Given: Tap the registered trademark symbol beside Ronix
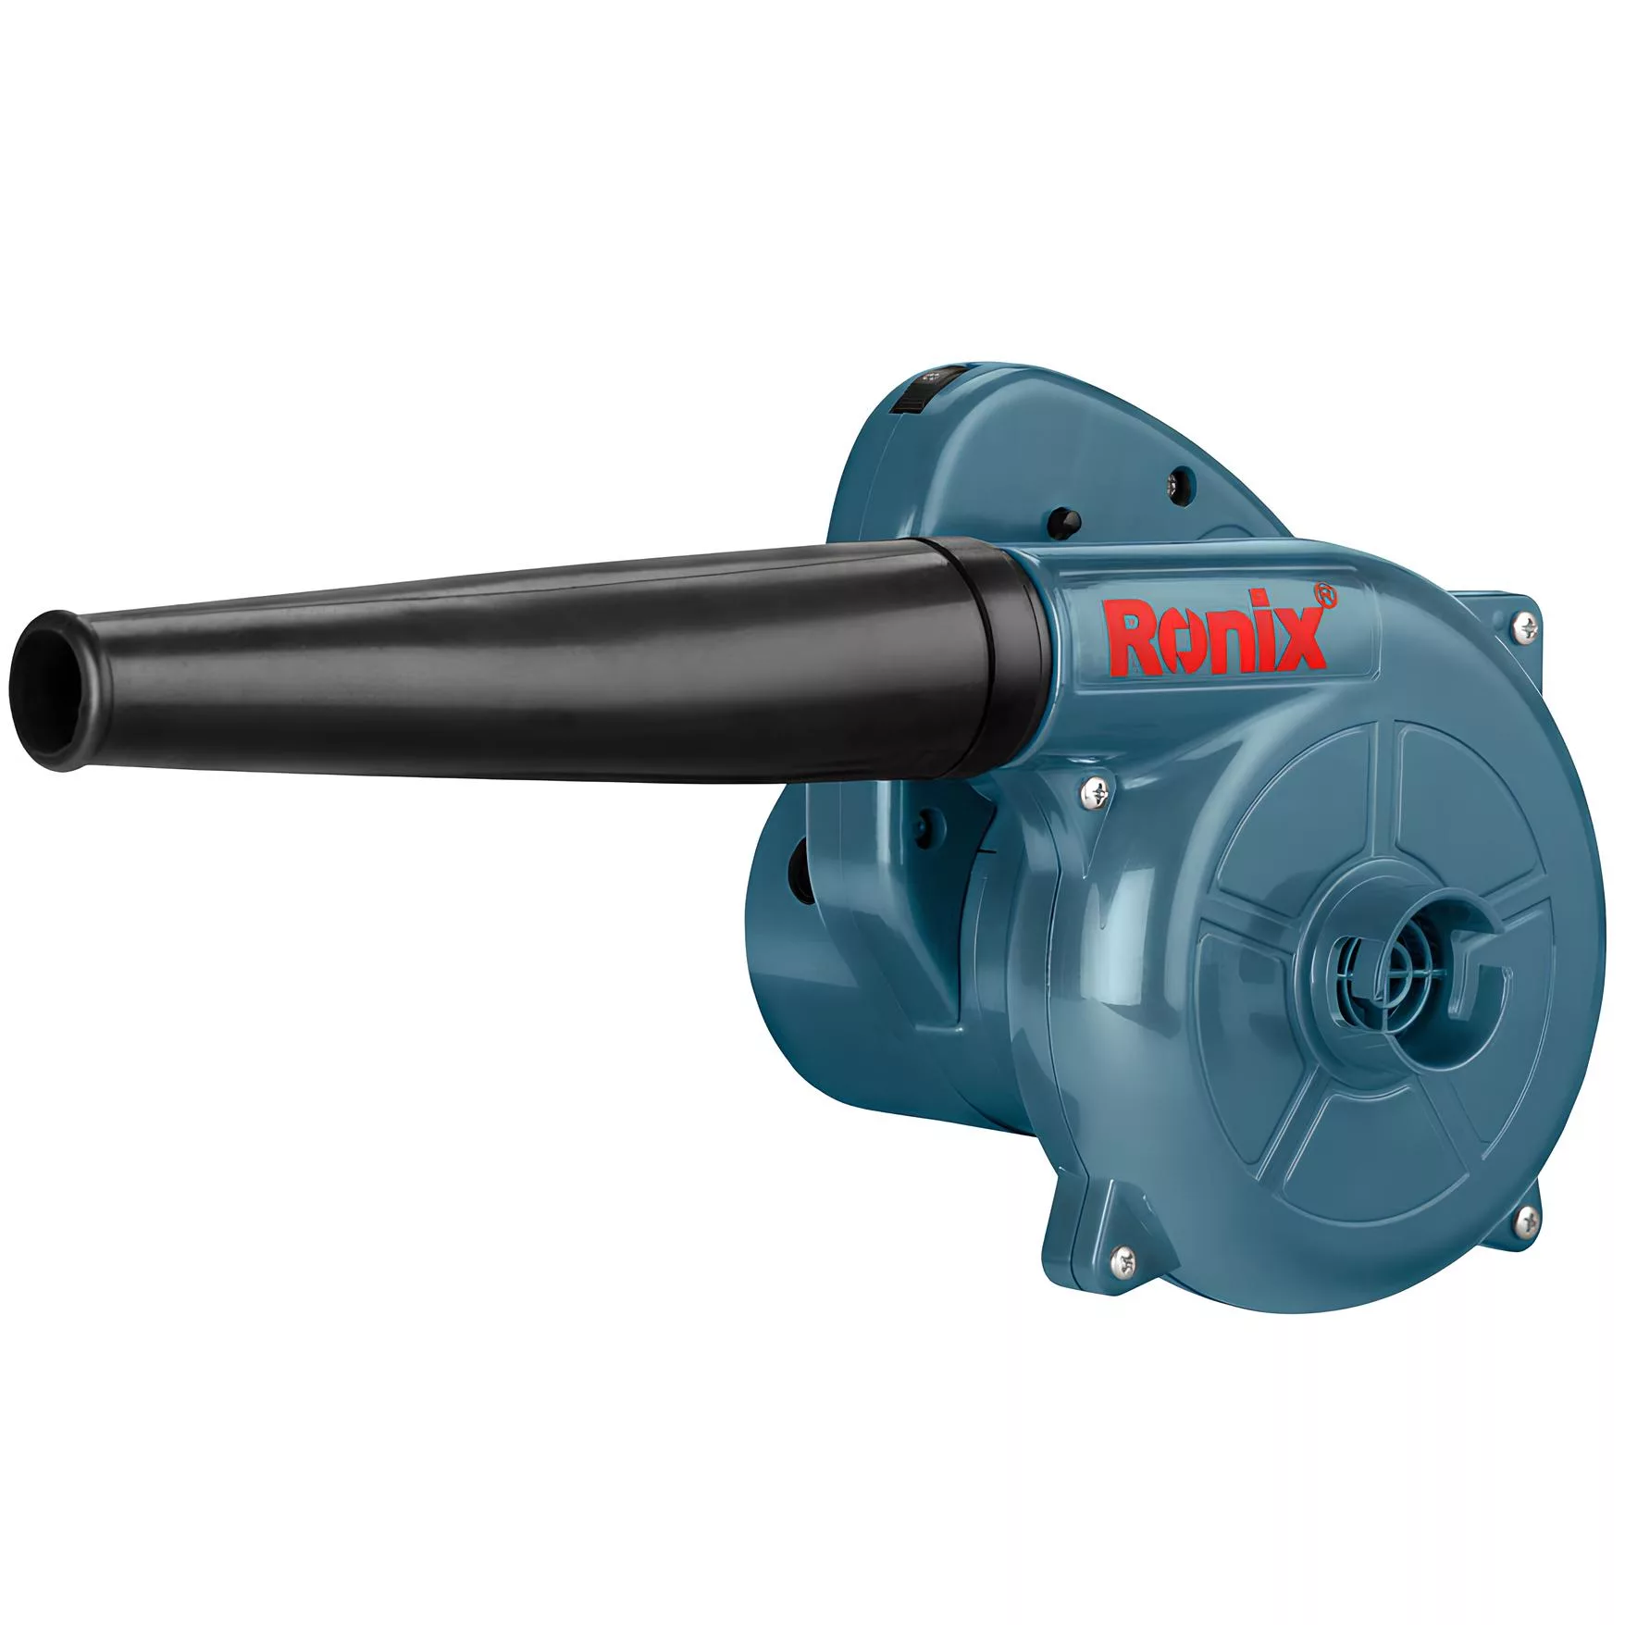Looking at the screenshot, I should pos(1325,595).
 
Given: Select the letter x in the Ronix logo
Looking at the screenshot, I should pos(1300,639).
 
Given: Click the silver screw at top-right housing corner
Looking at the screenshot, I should pos(1526,628).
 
